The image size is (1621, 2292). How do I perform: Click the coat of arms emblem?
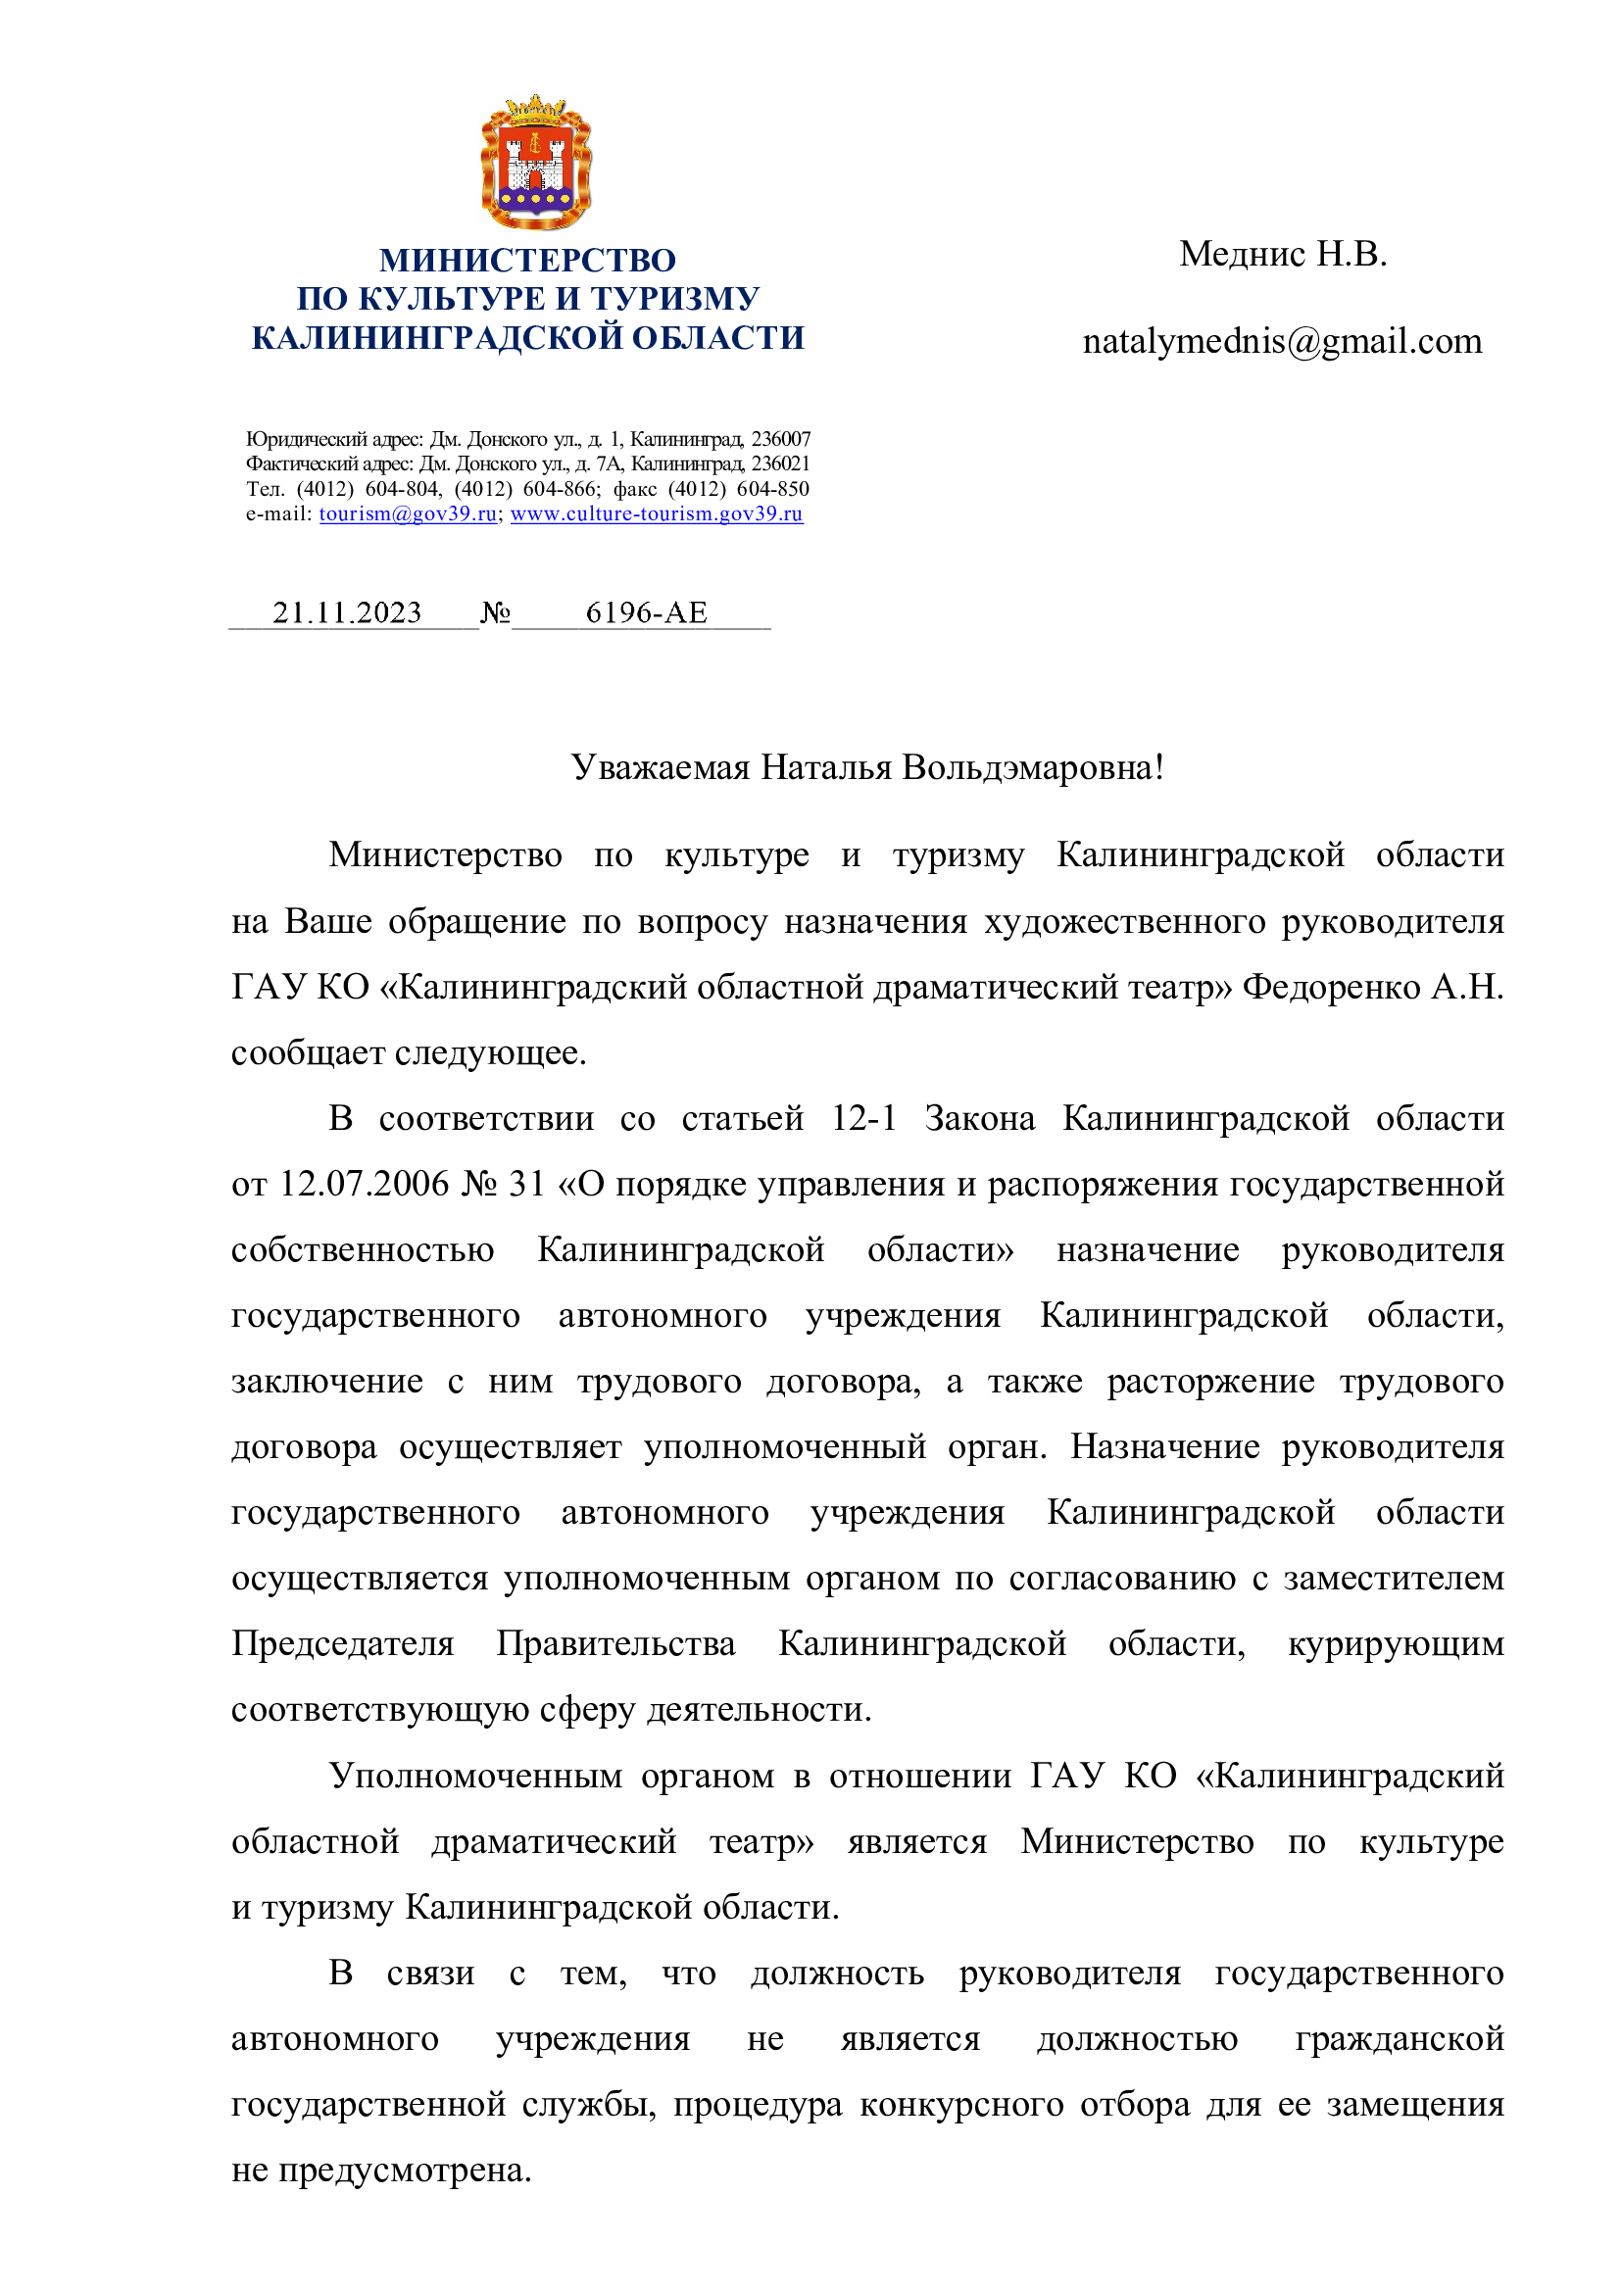pos(536,162)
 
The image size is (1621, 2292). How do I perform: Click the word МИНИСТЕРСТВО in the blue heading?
pos(527,261)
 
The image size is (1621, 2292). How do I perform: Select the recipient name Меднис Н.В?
pos(1283,255)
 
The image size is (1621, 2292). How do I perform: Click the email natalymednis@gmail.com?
pos(1282,342)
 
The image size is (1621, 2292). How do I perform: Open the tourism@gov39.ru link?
pos(408,514)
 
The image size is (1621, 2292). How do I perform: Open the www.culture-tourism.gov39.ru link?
pos(656,514)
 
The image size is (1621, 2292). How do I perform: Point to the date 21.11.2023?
pos(347,612)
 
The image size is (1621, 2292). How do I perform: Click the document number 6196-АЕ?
pos(646,612)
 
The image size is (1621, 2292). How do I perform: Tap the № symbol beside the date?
pos(495,612)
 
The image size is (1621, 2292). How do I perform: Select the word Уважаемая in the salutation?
pos(660,767)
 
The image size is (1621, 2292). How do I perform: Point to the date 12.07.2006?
pos(365,1184)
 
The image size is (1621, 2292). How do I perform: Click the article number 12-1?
pos(863,1118)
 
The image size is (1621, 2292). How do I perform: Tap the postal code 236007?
pos(780,439)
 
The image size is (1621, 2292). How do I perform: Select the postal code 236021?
pos(780,464)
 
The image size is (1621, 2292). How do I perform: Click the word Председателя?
pos(342,1644)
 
